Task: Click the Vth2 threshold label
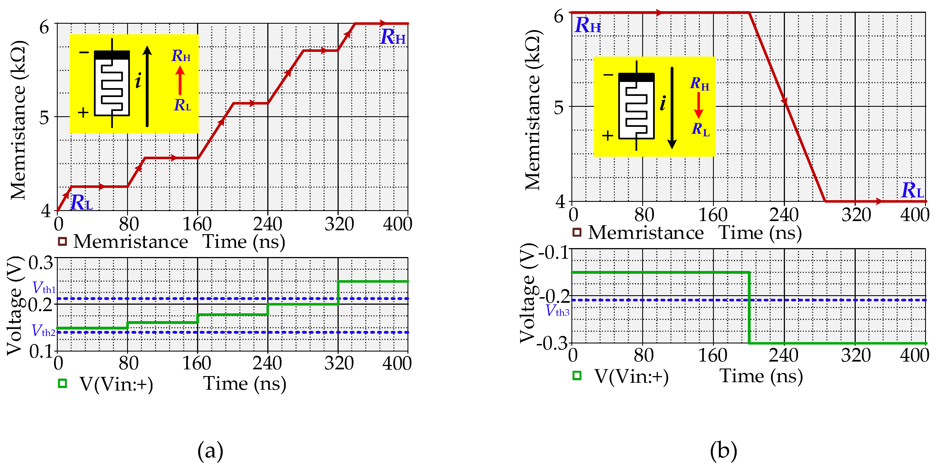point(43,331)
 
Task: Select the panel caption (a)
point(210,451)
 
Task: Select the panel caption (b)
point(723,451)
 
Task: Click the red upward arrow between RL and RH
point(180,80)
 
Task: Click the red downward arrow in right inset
point(698,105)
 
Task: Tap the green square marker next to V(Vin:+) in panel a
point(62,383)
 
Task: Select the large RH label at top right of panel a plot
point(393,37)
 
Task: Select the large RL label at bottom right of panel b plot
point(912,190)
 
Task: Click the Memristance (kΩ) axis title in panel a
point(18,120)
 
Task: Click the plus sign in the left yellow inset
point(83,112)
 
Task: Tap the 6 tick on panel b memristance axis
point(559,16)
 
